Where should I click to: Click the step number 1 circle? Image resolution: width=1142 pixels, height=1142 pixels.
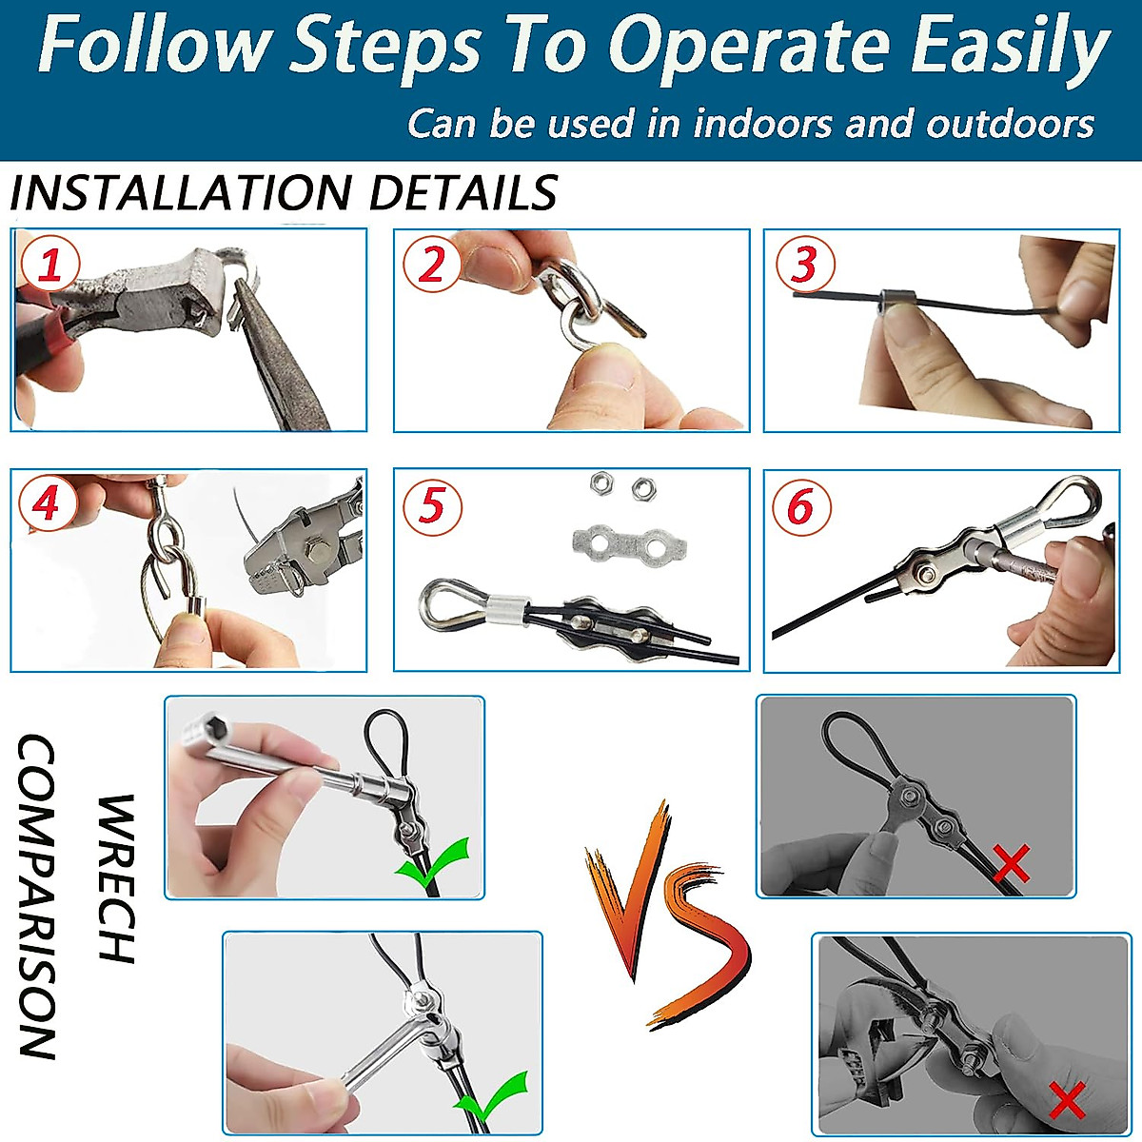pos(50,263)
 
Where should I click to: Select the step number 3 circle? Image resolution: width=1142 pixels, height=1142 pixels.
pos(805,263)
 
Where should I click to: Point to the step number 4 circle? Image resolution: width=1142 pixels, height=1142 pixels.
pos(48,504)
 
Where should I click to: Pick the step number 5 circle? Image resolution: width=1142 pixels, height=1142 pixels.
pos(432,505)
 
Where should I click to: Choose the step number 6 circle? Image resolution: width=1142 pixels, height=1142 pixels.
pos(801,505)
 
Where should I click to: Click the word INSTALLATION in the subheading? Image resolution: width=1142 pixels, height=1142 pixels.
pos(181,192)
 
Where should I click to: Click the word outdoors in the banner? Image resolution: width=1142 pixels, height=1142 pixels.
pos(1010,124)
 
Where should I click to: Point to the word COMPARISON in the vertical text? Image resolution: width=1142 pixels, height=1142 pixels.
pos(37,896)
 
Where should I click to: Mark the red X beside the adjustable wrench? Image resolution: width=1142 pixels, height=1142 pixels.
pos(1067,1100)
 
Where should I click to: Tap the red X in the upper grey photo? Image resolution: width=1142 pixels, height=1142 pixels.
pos(1011,863)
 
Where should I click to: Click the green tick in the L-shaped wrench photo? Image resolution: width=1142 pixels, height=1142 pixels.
pos(491,1097)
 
